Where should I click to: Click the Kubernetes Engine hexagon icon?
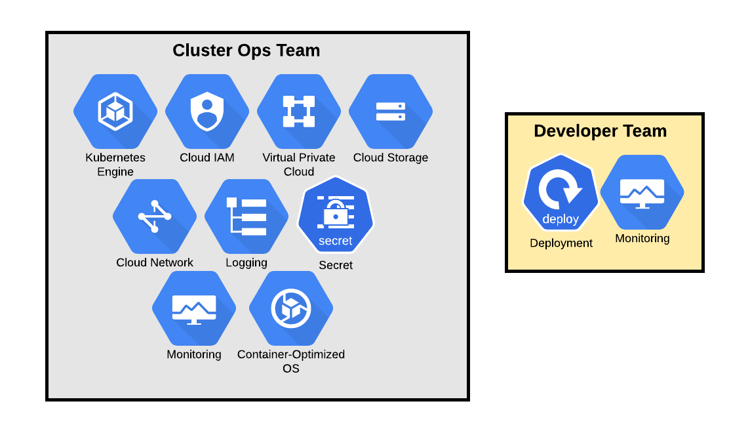point(115,111)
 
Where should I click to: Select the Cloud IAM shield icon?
point(207,111)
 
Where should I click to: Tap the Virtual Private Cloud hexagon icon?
point(299,111)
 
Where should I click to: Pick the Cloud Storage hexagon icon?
point(391,111)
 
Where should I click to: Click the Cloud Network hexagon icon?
point(155,216)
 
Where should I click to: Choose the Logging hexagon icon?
point(247,216)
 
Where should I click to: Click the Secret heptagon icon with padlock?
point(336,215)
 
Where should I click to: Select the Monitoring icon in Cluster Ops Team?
point(194,308)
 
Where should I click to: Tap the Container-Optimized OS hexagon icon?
point(291,308)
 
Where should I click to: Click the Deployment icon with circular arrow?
point(561,193)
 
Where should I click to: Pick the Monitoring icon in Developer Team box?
point(642,192)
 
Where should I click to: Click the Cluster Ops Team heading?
point(246,51)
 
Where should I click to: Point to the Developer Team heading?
point(600,131)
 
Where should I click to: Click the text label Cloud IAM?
point(207,157)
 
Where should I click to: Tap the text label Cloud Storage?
point(391,157)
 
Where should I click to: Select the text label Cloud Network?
point(155,262)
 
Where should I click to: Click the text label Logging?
point(247,262)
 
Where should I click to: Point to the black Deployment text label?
point(561,243)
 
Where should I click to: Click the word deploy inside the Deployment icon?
point(561,219)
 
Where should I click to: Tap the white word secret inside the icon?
point(336,241)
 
